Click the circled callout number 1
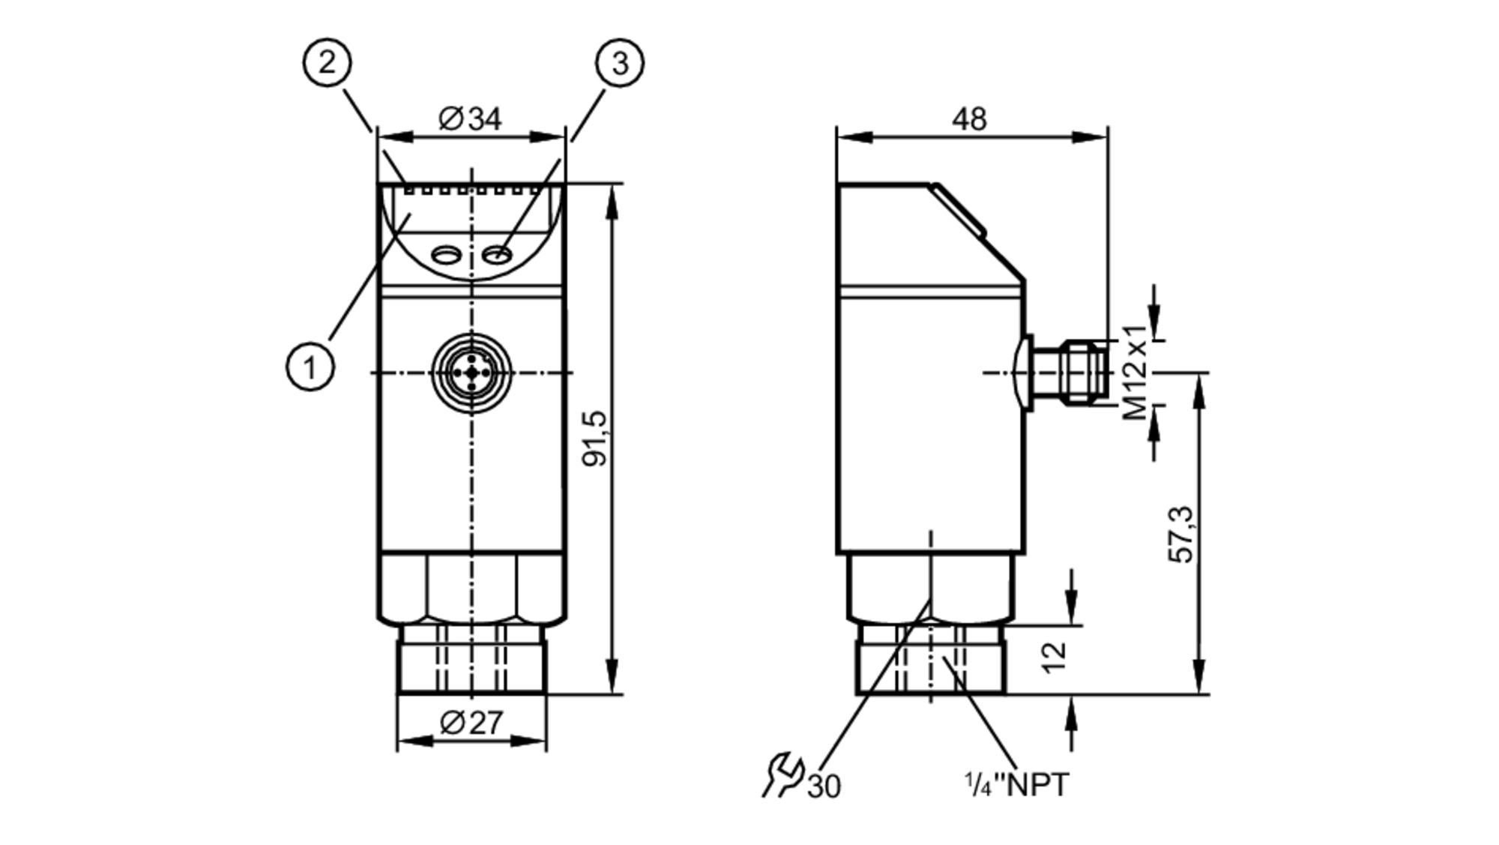(310, 367)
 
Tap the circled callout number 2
(327, 62)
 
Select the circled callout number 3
(620, 62)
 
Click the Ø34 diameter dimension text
(470, 119)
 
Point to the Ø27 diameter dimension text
(471, 723)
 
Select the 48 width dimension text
(969, 119)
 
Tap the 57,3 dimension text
(1182, 535)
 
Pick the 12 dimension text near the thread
(1055, 658)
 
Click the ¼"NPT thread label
(1017, 785)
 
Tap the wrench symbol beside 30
(782, 775)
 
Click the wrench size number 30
(824, 787)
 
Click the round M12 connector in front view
(471, 373)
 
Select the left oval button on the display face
(447, 256)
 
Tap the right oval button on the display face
(497, 256)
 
